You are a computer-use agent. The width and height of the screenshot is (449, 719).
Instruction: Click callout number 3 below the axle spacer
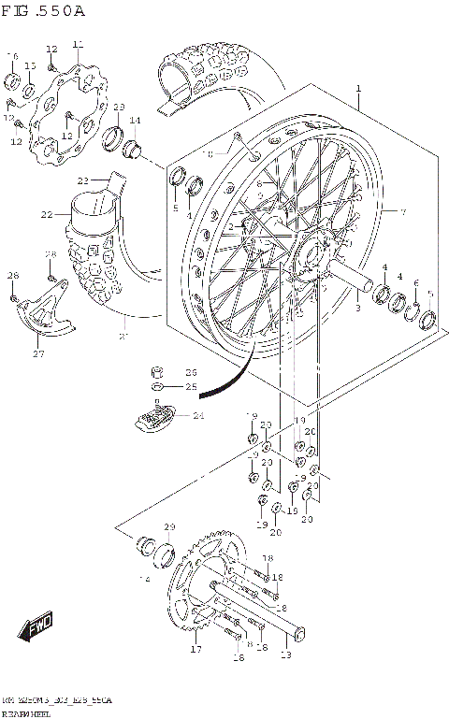pos(356,307)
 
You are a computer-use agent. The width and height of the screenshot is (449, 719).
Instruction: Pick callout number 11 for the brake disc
pos(78,43)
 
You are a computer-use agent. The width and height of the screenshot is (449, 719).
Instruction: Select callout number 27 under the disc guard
pos(38,353)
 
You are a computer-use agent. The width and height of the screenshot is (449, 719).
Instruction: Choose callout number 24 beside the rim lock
pos(197,416)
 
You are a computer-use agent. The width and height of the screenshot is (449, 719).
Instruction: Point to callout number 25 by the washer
pos(191,386)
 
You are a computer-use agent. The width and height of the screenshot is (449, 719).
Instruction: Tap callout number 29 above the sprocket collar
pos(169,528)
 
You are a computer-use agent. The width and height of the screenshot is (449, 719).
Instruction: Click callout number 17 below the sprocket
pos(196,649)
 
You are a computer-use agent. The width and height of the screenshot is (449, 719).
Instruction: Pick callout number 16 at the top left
pos(12,57)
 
